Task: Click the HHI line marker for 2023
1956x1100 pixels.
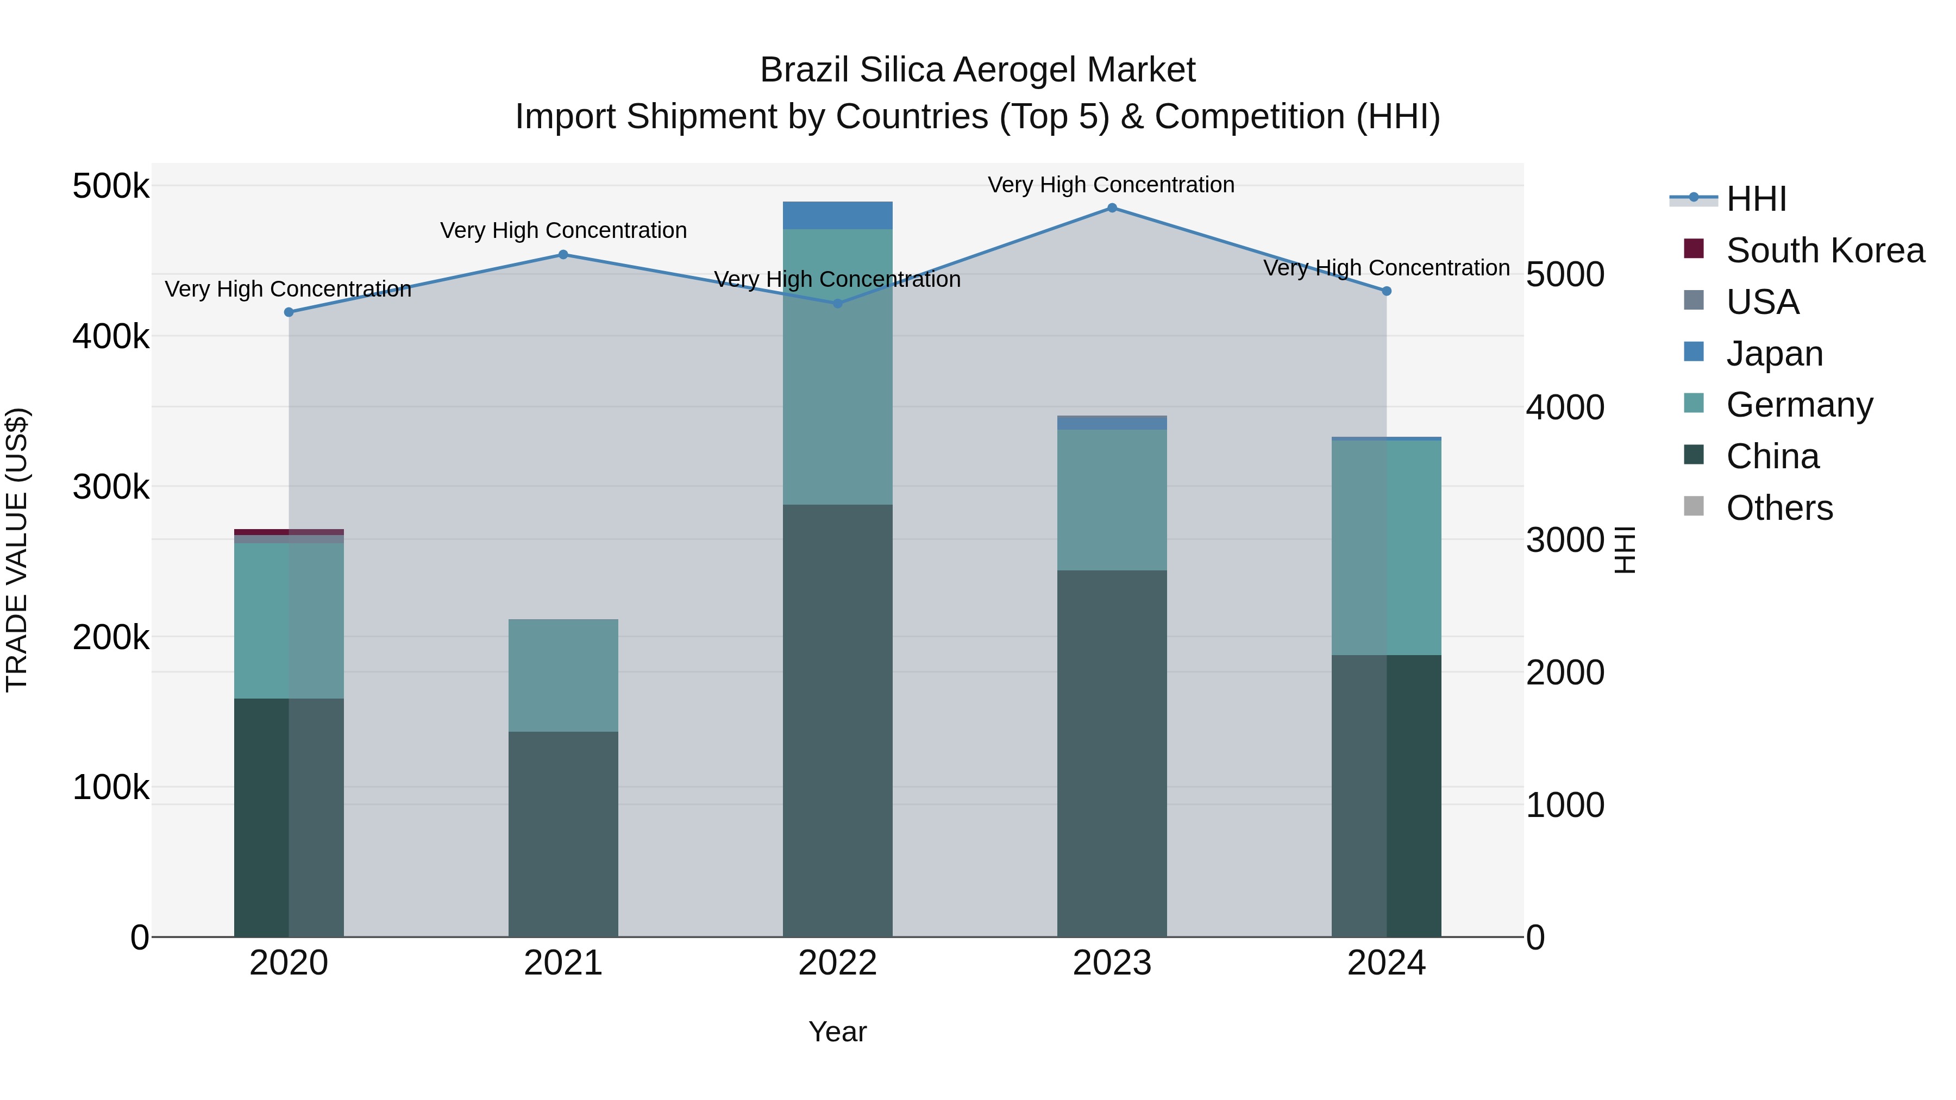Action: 1112,208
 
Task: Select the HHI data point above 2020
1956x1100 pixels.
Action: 289,312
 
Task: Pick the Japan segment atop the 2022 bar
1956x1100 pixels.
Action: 837,216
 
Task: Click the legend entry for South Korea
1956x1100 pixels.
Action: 1825,250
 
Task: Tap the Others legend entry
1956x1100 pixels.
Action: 1779,508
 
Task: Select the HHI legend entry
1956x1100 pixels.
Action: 1756,199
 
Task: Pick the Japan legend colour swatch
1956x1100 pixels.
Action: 1693,352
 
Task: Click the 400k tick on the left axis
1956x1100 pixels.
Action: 111,336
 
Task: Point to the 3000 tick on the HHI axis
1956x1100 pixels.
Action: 1564,540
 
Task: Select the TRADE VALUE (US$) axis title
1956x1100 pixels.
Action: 17,550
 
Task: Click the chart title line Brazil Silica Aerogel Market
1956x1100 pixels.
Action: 977,70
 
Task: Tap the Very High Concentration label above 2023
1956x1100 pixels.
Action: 1111,185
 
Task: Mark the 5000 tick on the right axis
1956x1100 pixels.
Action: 1564,275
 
